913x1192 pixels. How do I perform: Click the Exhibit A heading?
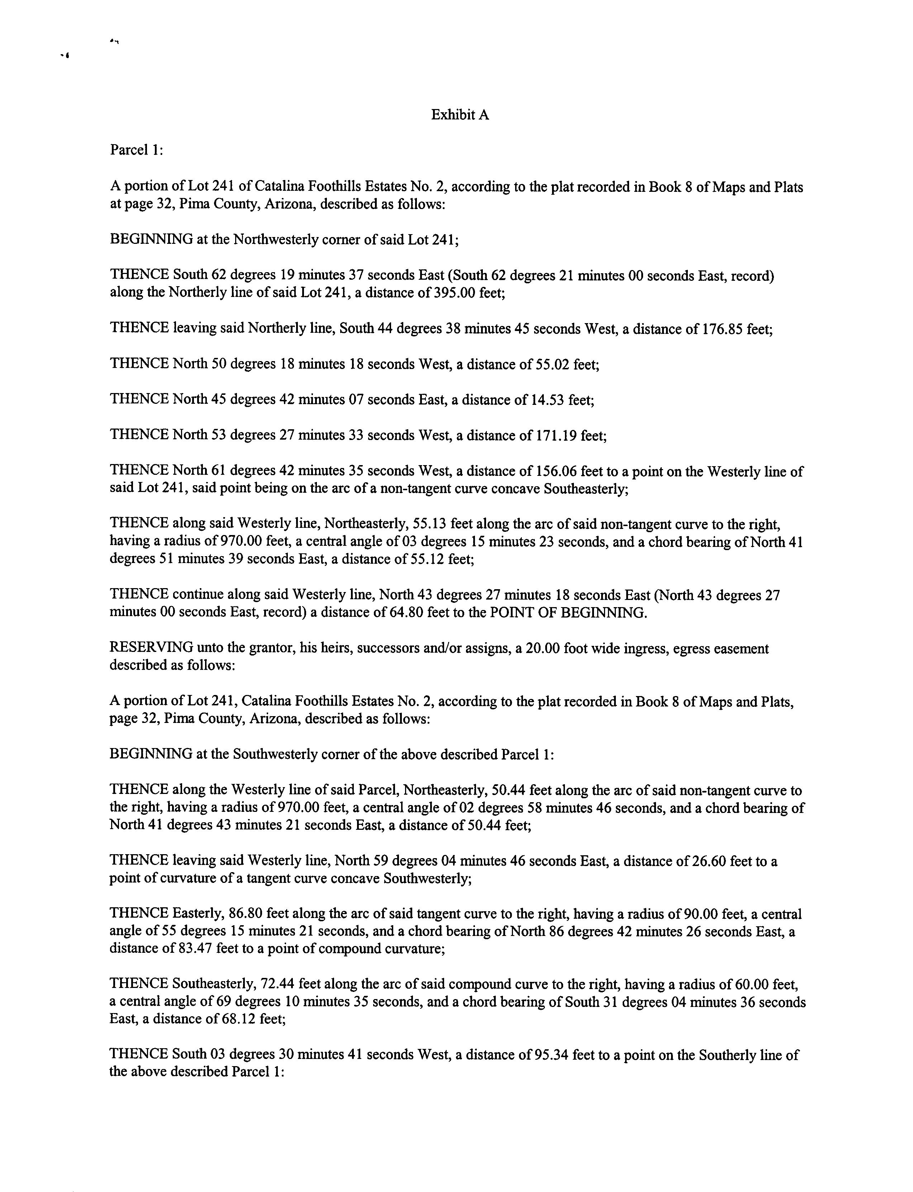[x=460, y=115]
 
